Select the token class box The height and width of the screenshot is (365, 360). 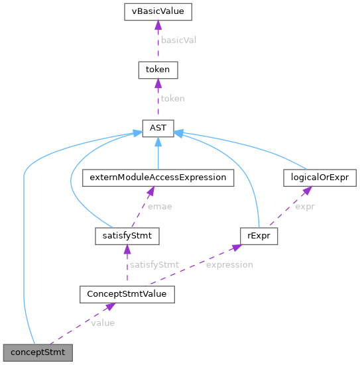pos(157,69)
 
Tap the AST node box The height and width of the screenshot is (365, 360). pos(157,129)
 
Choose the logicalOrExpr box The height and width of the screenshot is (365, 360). pos(320,178)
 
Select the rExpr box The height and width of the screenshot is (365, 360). pos(258,235)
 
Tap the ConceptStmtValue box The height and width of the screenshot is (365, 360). pos(127,293)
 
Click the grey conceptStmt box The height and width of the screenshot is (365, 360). pos(37,352)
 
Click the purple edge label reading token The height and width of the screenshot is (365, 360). pos(172,98)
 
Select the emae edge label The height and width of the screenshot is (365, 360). pos(159,207)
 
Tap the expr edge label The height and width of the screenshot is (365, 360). pos(305,207)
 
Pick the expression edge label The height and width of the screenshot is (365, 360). pos(229,264)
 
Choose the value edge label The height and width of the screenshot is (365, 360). pos(103,323)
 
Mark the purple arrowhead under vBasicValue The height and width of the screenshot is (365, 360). pos(157,25)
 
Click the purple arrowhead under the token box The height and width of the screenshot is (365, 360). pos(157,82)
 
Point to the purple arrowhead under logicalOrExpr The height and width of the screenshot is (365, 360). pos(307,191)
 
